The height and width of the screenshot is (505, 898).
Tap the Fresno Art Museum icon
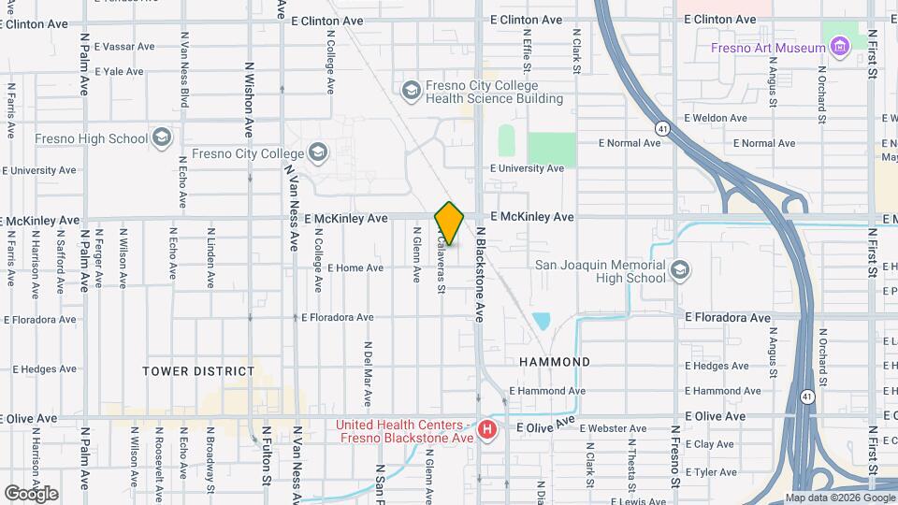[839, 45]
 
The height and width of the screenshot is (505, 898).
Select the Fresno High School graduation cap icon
[162, 139]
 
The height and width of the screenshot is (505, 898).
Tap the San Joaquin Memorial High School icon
[680, 270]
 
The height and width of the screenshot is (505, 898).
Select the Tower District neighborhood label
[198, 371]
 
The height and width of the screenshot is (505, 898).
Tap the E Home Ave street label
[355, 268]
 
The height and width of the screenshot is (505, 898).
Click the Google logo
[31, 493]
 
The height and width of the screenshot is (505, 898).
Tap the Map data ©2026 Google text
[839, 498]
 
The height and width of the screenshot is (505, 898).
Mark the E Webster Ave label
[613, 429]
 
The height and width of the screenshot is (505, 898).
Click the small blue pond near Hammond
[542, 322]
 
